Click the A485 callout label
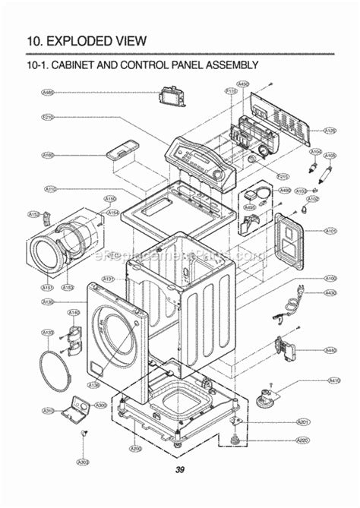48,92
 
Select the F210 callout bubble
47,118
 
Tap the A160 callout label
48,155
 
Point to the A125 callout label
330,131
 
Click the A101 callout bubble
330,230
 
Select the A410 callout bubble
333,380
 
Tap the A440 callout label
330,350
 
